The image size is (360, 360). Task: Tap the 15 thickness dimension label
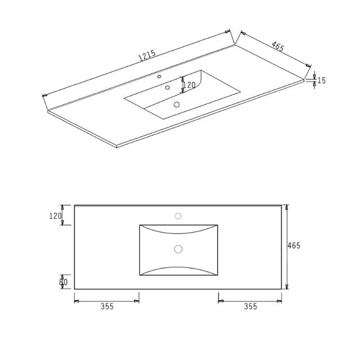tap(321, 80)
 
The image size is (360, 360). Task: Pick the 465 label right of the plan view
tap(294, 246)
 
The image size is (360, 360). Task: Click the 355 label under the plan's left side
tap(107, 307)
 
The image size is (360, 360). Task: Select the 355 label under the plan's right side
tap(250, 307)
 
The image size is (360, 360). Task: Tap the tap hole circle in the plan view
tap(178, 215)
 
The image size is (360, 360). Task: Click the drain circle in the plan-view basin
tap(178, 249)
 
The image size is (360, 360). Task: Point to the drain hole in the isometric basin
tap(177, 104)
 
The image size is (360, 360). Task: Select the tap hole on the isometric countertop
tap(159, 76)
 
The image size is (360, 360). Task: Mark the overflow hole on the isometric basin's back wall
tap(167, 88)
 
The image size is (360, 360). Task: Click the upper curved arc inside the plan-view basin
tap(178, 232)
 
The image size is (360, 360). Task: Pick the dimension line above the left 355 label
tap(107, 301)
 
